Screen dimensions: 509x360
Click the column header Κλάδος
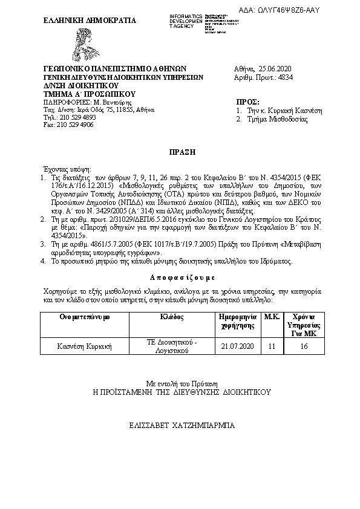[x=172, y=317]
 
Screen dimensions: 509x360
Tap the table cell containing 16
[x=304, y=346]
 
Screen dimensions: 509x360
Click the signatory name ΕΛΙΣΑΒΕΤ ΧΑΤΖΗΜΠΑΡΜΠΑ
[x=180, y=426]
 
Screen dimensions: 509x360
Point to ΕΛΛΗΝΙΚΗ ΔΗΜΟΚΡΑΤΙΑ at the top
[x=82, y=20]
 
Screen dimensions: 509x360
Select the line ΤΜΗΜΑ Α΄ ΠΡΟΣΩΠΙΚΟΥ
[x=90, y=94]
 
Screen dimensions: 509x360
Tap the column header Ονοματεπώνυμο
[x=77, y=317]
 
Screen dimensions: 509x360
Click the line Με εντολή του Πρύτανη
[x=180, y=383]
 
